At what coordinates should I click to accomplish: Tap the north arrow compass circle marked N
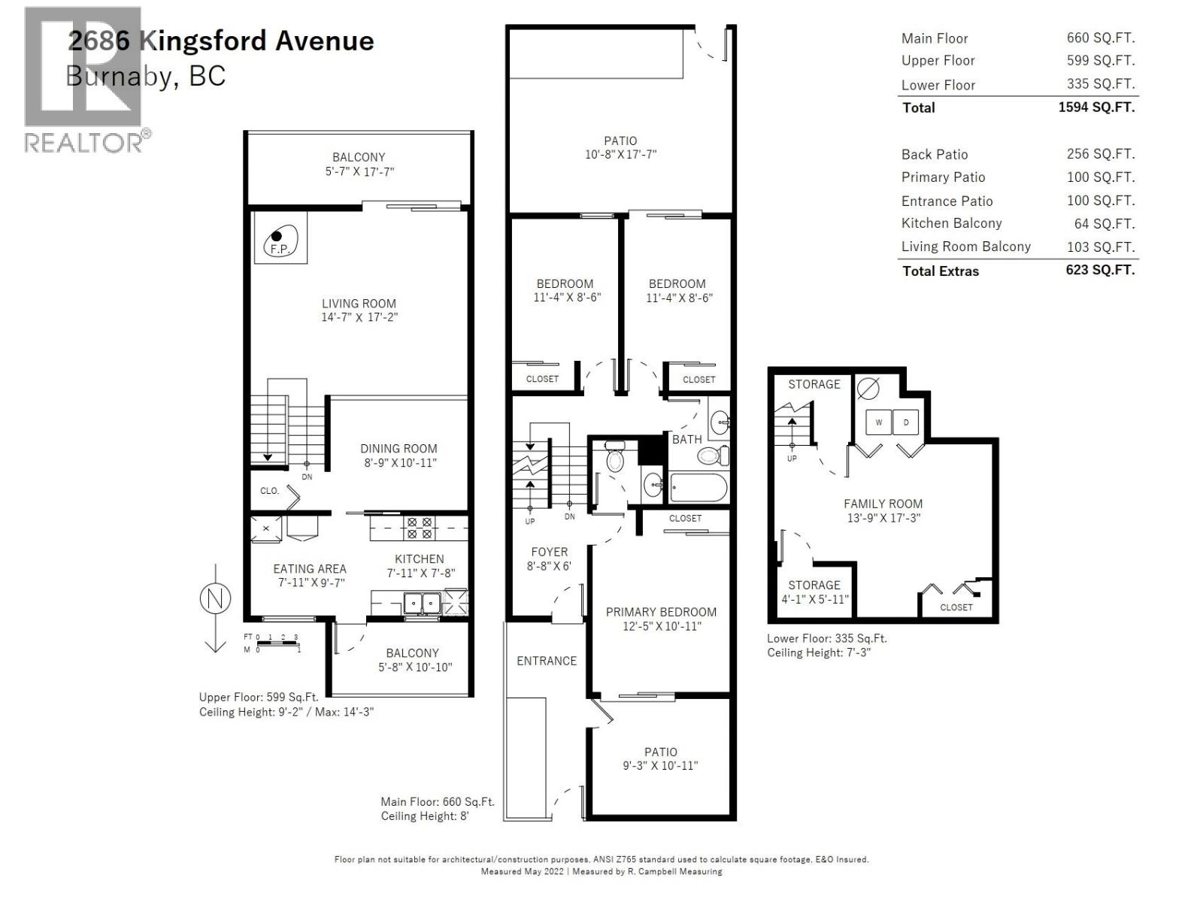pos(215,599)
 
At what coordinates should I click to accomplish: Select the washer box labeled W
pos(878,422)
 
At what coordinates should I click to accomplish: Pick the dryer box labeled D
pos(906,422)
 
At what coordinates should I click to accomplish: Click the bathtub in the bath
pos(698,488)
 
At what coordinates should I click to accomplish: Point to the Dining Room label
pos(398,449)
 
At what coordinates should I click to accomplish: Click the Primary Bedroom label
pos(661,612)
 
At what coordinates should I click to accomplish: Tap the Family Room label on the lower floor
pos(883,504)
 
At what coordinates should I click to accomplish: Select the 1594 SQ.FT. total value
pos(1096,107)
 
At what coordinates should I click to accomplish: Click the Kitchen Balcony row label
pos(951,223)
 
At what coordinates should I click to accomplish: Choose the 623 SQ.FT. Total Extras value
pos(1099,270)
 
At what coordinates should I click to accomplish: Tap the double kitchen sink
pos(422,603)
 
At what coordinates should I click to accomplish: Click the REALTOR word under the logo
pos(83,142)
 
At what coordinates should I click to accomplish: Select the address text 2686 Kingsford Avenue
pos(221,41)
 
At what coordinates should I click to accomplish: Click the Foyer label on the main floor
pos(549,552)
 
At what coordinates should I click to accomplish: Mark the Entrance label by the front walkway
pos(547,661)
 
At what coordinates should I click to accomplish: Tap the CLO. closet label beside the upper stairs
pos(269,491)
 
